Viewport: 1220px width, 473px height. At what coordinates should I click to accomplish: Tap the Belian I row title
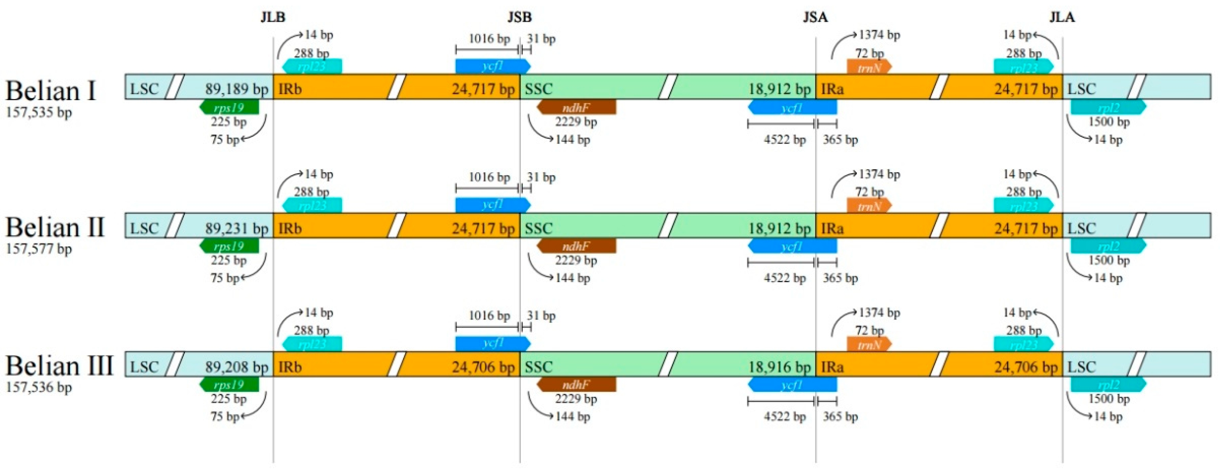[51, 90]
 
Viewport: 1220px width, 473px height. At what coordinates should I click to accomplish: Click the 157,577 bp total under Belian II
[39, 249]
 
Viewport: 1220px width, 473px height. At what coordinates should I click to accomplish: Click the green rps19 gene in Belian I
[229, 107]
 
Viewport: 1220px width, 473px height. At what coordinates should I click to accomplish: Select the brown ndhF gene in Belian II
[576, 246]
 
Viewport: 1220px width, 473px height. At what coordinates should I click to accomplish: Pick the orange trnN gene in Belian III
[869, 344]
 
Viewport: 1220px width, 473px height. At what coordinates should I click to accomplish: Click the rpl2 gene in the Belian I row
[1108, 107]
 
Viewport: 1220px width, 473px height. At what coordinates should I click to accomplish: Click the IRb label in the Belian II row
[290, 228]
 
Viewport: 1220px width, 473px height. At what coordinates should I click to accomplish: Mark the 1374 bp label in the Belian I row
[879, 35]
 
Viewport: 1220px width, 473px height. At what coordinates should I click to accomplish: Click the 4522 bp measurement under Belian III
[784, 416]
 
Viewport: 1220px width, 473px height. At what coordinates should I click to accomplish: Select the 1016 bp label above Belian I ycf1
[489, 38]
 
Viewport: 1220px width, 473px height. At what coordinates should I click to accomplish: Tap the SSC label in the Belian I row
[539, 89]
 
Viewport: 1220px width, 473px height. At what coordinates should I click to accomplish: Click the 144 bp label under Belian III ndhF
[572, 416]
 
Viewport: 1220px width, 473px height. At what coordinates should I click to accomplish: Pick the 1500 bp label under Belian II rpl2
[1109, 260]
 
